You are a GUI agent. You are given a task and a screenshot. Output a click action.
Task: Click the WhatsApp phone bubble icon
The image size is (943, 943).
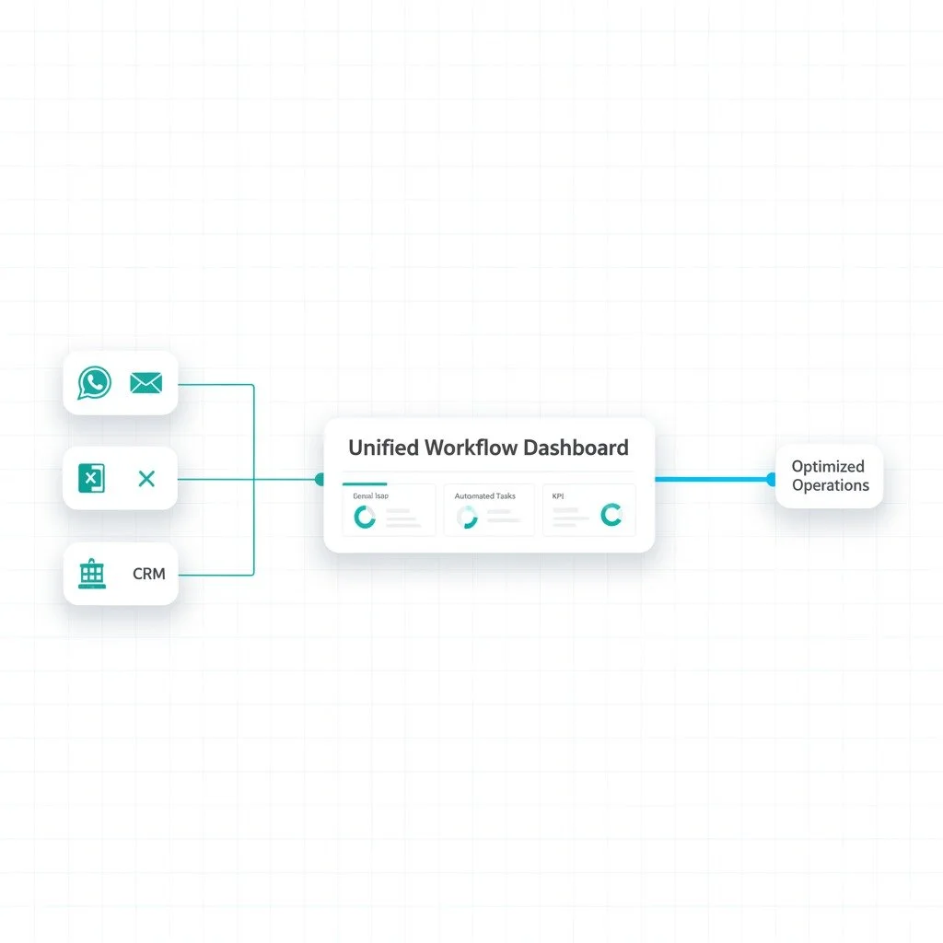[x=94, y=382]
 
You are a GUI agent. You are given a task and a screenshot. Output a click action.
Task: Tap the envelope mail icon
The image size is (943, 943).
[x=146, y=382]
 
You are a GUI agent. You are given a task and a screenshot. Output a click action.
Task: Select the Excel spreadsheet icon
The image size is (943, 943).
[x=90, y=478]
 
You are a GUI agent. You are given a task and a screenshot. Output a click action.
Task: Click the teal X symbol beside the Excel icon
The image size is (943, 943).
[x=146, y=478]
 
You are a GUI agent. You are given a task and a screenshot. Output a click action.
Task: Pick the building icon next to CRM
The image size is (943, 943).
[x=91, y=573]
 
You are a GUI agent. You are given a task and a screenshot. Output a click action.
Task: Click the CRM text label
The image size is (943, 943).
[x=148, y=574]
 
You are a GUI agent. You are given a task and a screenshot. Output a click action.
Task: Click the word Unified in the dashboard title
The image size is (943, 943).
[x=381, y=448]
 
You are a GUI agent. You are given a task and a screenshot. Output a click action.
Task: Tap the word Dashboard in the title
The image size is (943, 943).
[x=576, y=448]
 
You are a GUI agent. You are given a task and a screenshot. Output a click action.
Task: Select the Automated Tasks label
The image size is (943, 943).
[x=484, y=496]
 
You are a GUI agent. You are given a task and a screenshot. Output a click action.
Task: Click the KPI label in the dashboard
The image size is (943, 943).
[x=558, y=496]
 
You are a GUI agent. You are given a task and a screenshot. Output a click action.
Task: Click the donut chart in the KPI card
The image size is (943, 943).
[x=611, y=515]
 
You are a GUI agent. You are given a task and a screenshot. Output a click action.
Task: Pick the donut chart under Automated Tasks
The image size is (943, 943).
[x=468, y=518]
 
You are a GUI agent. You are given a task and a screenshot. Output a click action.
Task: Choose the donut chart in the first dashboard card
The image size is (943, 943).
[x=365, y=518]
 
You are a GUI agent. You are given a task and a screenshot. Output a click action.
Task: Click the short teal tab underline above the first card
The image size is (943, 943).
[x=365, y=483]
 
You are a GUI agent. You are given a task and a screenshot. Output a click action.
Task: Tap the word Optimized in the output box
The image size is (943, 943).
[x=828, y=467]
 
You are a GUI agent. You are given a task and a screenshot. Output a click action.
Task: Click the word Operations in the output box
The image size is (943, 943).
[x=830, y=485]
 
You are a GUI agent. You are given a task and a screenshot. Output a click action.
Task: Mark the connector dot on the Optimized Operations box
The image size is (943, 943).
[x=771, y=479]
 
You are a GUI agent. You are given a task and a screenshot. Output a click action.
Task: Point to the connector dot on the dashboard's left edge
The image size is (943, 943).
[x=320, y=479]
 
